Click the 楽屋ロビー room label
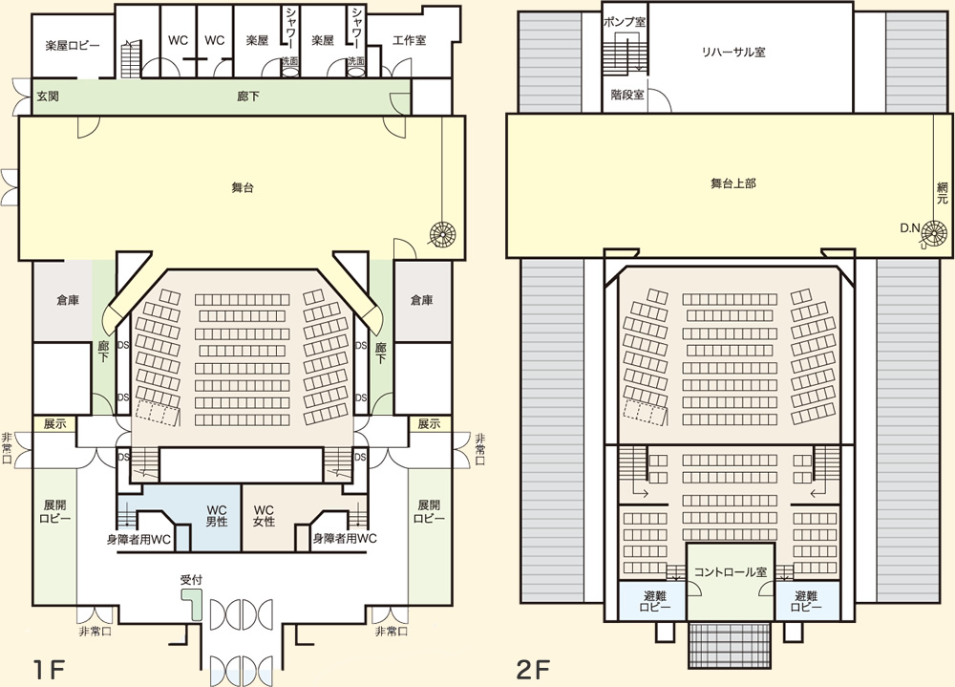pos(73,45)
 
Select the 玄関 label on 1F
pos(49,97)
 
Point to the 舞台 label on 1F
pos(242,187)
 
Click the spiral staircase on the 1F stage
pos(444,234)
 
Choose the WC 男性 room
pos(216,515)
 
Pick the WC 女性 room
pos(264,515)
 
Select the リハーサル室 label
pos(733,53)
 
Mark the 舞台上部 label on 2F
pos(733,182)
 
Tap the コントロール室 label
pos(731,571)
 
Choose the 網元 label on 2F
pos(943,195)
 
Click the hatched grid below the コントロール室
pos(731,645)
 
